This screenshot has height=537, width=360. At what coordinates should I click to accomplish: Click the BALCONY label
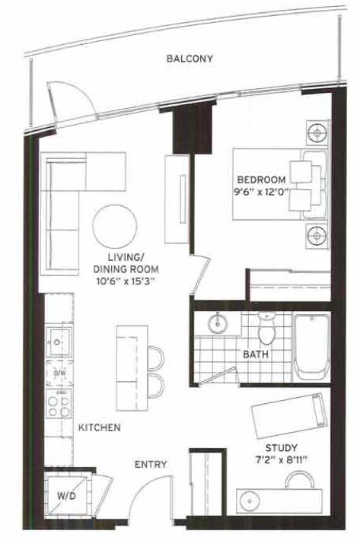pos(190,59)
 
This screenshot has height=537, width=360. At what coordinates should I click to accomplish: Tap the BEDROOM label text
pos(261,180)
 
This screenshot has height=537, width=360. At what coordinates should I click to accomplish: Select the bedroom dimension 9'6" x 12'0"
pos(261,192)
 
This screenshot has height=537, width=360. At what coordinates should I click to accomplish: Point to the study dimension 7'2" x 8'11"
pos(281,459)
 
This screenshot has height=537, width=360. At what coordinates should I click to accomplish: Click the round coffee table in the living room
pos(115,227)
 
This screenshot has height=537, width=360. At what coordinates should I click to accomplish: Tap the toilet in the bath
pos(266,329)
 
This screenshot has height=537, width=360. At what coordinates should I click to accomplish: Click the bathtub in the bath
pos(311,347)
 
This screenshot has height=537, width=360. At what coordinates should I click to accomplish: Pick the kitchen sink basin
pos(59,342)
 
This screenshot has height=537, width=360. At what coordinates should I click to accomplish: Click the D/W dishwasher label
pos(60,373)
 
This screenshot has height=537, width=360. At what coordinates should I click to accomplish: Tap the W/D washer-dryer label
pos(66,496)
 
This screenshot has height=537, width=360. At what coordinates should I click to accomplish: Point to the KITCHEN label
pos(100,427)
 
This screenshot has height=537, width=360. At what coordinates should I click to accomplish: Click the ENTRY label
pos(151,465)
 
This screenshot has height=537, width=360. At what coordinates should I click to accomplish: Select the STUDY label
pos(281,448)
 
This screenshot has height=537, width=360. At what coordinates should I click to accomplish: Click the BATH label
pos(256,354)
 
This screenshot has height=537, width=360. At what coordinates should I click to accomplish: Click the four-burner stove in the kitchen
pos(59,403)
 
